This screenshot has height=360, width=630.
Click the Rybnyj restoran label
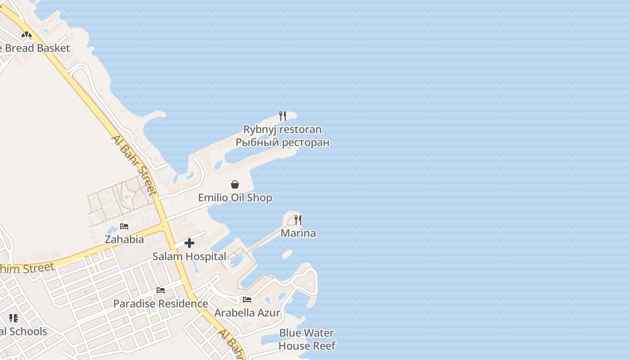pos(283,130)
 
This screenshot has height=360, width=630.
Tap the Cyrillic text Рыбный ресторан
pos(283,143)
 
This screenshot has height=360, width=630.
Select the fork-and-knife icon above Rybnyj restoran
pos(283,116)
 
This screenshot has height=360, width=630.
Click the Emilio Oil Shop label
pos(235,198)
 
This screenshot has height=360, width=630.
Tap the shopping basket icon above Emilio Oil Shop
pos(235,184)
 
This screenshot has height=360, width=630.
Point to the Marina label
pos(298,233)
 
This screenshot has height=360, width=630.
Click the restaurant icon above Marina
pos(298,220)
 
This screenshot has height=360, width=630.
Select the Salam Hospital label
pos(189,256)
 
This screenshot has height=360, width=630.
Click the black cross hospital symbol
pos(189,243)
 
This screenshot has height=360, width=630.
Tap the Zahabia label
pos(124,239)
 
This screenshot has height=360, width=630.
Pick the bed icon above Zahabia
pos(124,226)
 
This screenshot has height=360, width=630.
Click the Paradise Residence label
pos(161,304)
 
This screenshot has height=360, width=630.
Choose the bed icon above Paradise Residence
pos(161,290)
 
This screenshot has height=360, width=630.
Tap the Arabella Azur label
pos(247,313)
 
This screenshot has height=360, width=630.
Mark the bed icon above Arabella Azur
pos(247,300)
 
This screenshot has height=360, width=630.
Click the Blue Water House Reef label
pos(307,339)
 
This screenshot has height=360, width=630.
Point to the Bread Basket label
pos(36,48)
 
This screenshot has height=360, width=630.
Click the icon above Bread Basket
pos(27,35)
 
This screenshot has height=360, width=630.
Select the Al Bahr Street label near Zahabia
pos(134,165)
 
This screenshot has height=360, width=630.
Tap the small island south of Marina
pos(287,254)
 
